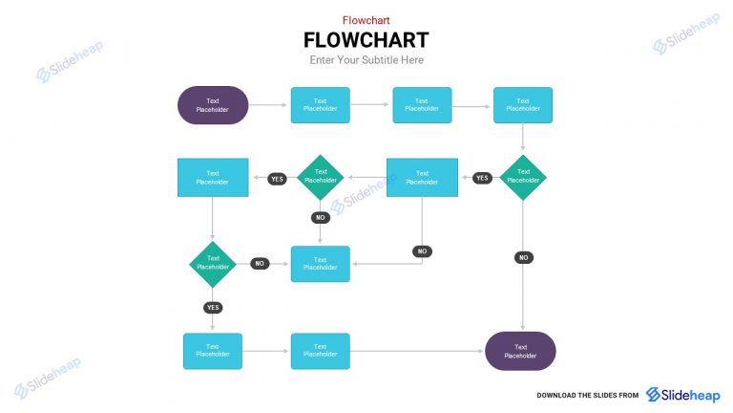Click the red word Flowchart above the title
click(x=366, y=20)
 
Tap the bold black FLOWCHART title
click(x=366, y=40)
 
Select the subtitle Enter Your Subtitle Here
click(x=366, y=60)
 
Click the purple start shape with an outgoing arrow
click(x=213, y=105)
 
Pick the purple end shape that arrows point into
click(x=520, y=351)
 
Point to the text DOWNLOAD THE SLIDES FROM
click(x=587, y=395)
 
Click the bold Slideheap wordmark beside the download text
click(x=682, y=394)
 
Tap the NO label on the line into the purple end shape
click(x=523, y=257)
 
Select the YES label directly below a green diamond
click(x=213, y=307)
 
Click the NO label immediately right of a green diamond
click(x=260, y=263)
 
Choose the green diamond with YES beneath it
click(x=213, y=263)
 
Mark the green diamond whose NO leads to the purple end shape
click(x=523, y=178)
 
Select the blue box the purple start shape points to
click(x=320, y=105)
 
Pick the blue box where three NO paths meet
click(x=320, y=264)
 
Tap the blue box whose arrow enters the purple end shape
click(x=320, y=351)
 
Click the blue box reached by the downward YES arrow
click(x=213, y=351)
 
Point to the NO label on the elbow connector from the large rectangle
click(x=422, y=251)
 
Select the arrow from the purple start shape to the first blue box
click(x=269, y=105)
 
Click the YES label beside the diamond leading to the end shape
click(x=482, y=178)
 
